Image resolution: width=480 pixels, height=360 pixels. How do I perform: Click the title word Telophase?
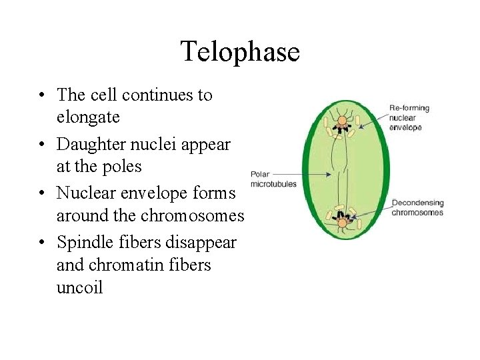pos(240,51)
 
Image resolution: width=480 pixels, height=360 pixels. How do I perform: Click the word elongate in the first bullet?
pos(88,118)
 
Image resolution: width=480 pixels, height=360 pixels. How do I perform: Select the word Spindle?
pos(83,242)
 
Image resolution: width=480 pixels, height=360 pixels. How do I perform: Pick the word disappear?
pos(203,241)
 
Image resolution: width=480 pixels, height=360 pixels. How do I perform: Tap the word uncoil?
pos(80,289)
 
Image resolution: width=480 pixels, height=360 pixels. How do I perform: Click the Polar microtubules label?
pos(273,179)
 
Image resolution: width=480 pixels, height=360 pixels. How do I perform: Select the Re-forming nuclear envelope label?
pos(409,117)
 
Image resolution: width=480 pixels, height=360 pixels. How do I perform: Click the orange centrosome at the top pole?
pos(342,121)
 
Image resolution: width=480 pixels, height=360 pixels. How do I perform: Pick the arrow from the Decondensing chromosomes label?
pos(371,211)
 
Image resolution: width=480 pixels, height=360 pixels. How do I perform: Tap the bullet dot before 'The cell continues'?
pos(41,95)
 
